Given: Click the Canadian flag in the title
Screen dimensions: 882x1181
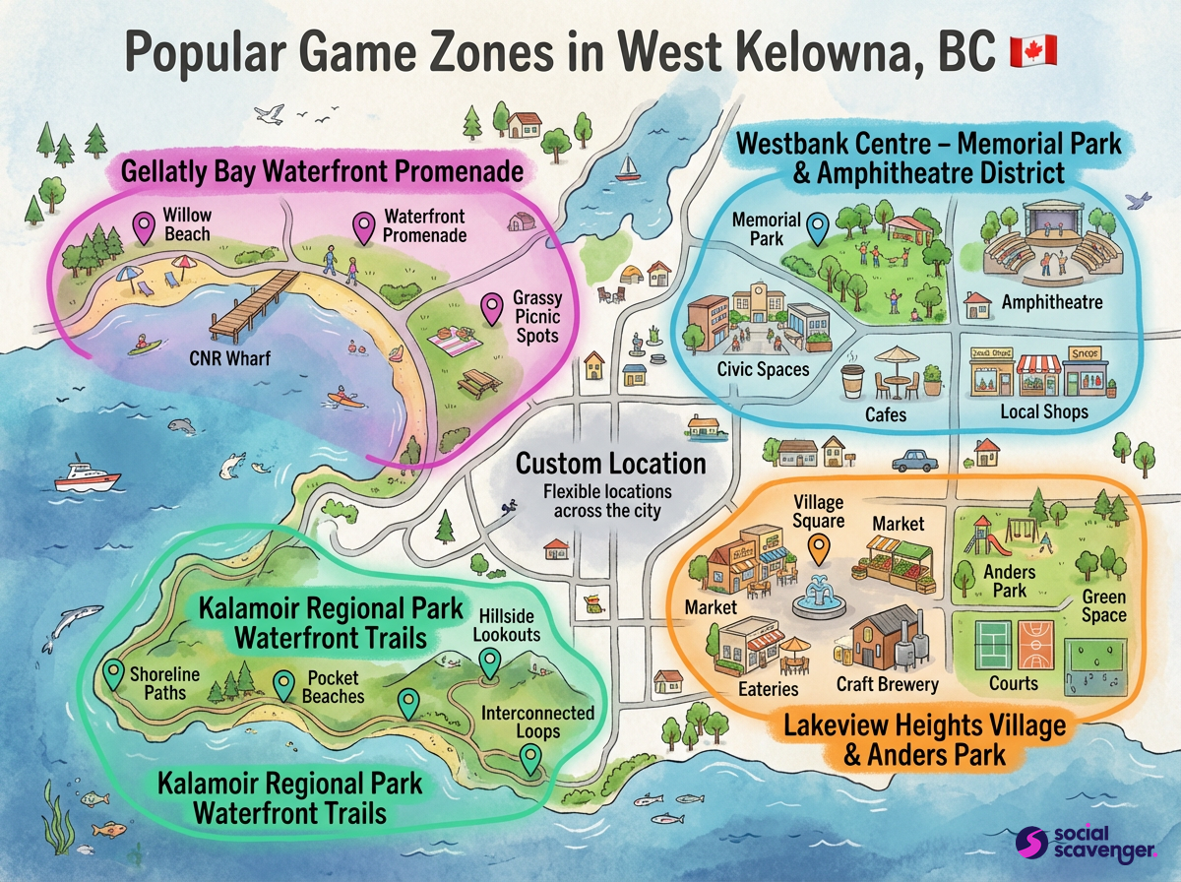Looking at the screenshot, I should click(1032, 50).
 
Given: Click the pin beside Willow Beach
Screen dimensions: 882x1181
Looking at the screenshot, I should click(145, 227).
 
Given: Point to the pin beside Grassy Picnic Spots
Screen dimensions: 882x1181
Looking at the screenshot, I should click(490, 308).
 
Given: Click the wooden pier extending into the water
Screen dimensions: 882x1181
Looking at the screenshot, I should click(252, 305).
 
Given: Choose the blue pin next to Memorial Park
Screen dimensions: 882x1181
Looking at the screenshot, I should click(816, 228).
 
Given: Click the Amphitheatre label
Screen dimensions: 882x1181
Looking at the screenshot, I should click(1051, 302).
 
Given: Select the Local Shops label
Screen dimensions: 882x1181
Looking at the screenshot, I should click(1044, 411).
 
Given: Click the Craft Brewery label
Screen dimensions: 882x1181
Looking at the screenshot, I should click(888, 683).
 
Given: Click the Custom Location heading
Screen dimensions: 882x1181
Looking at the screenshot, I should click(611, 464).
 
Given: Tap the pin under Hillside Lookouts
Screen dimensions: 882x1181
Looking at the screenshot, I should click(489, 661).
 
